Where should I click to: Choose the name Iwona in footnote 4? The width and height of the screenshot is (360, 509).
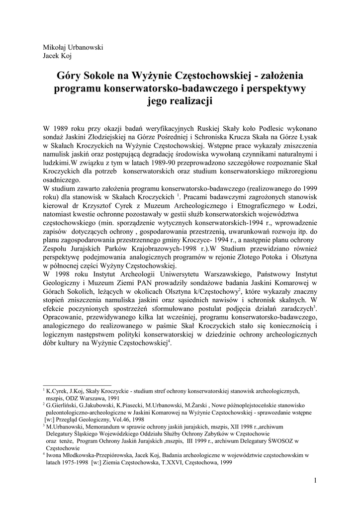[x=55, y=454]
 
